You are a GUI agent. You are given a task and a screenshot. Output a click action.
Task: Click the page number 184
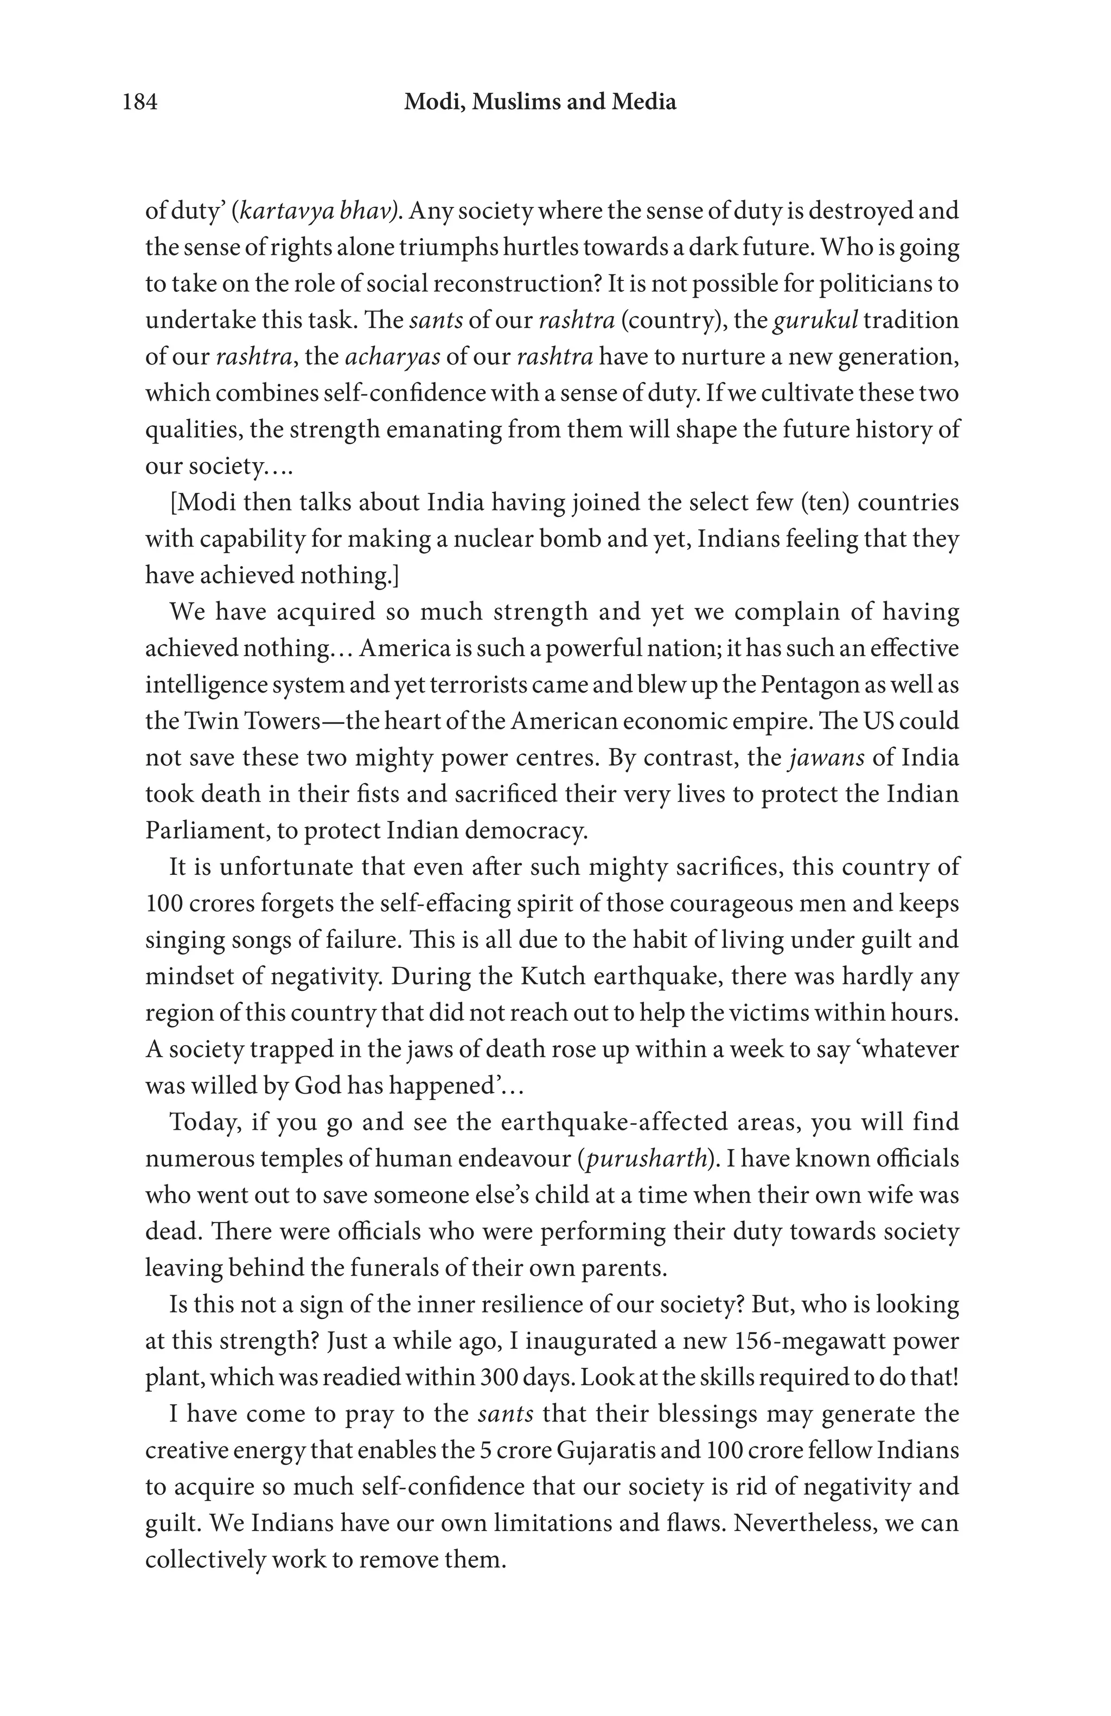(140, 103)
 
